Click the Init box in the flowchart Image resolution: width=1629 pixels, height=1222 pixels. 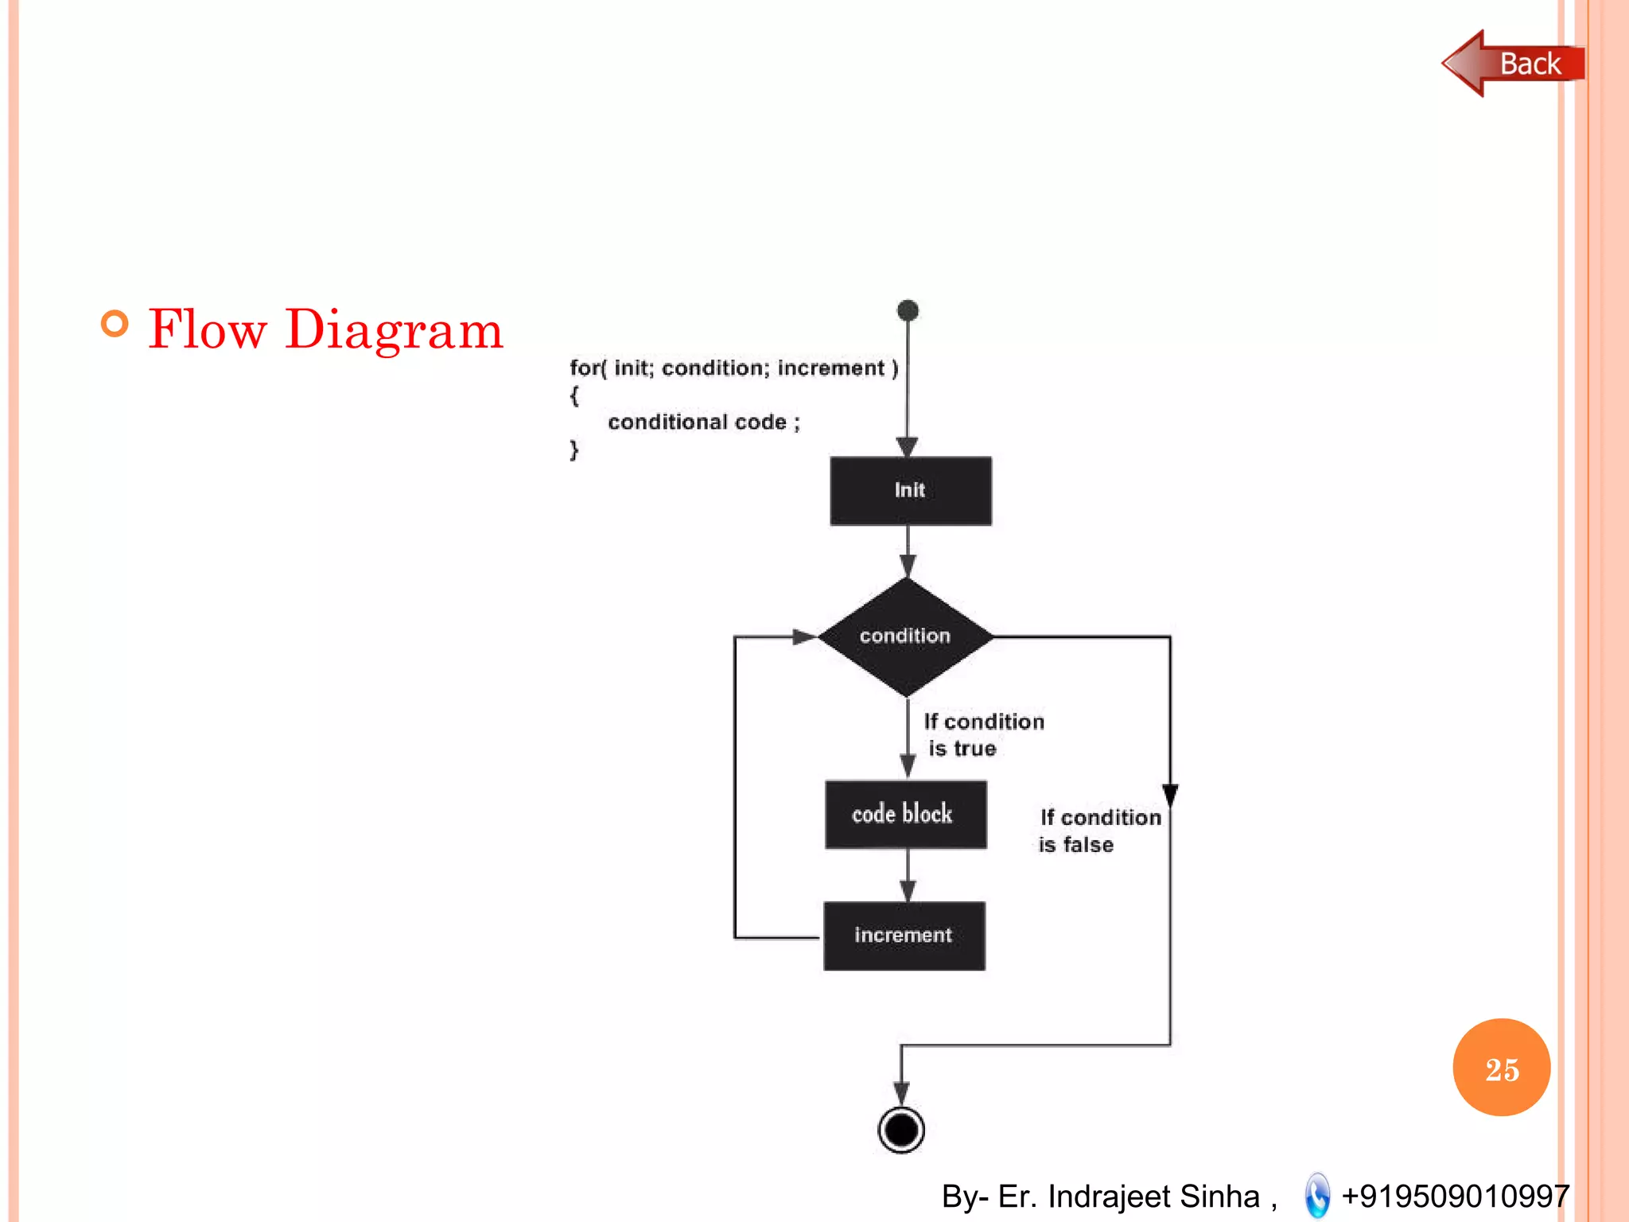(910, 490)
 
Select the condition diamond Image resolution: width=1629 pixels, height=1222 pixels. (905, 636)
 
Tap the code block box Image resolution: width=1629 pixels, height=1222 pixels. (905, 814)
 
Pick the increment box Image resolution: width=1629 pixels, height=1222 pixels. (904, 936)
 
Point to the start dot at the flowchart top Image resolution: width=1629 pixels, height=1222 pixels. (908, 310)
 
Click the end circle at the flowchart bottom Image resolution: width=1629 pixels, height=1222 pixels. (901, 1130)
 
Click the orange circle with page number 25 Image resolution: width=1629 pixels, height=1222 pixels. (1501, 1068)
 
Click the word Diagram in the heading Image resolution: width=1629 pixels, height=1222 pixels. (394, 331)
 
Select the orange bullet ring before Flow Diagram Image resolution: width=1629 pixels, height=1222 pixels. (115, 324)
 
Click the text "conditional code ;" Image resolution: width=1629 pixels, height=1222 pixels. (703, 422)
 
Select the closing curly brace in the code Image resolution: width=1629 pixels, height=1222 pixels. (574, 450)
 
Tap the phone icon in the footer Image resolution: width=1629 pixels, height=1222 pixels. (1317, 1195)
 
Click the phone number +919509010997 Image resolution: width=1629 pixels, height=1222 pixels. (1455, 1196)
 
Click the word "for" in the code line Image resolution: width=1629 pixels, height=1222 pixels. (585, 368)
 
